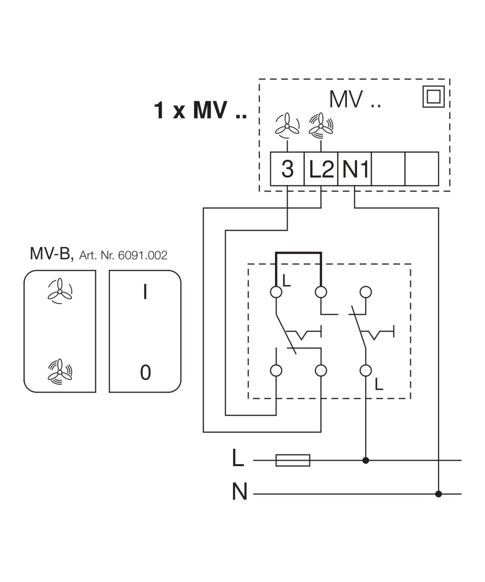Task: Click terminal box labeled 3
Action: coord(287,169)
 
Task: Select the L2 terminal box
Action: coord(321,169)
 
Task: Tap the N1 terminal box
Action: coord(355,169)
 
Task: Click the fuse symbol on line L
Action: coord(292,460)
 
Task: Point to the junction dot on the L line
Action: coord(366,460)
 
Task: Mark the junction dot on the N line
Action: coord(438,494)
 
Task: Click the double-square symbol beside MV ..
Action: coord(433,97)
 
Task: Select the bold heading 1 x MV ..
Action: coord(200,110)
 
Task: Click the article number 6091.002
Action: coord(143,255)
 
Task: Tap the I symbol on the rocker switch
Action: coord(145,292)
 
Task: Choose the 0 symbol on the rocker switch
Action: coord(145,372)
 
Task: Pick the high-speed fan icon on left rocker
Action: coord(60,372)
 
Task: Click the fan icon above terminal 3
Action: coord(287,125)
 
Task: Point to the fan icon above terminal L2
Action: coord(321,124)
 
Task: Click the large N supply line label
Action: coord(240,492)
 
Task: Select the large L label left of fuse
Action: coord(238,458)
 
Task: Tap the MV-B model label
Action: coord(51,254)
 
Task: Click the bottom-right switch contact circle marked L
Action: coord(366,371)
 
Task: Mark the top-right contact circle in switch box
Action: coord(366,292)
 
